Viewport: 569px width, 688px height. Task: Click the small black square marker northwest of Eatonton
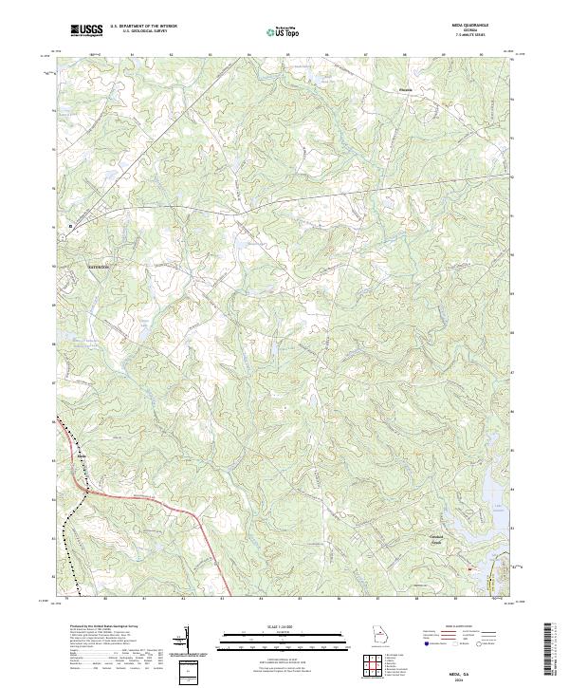[70, 226]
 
